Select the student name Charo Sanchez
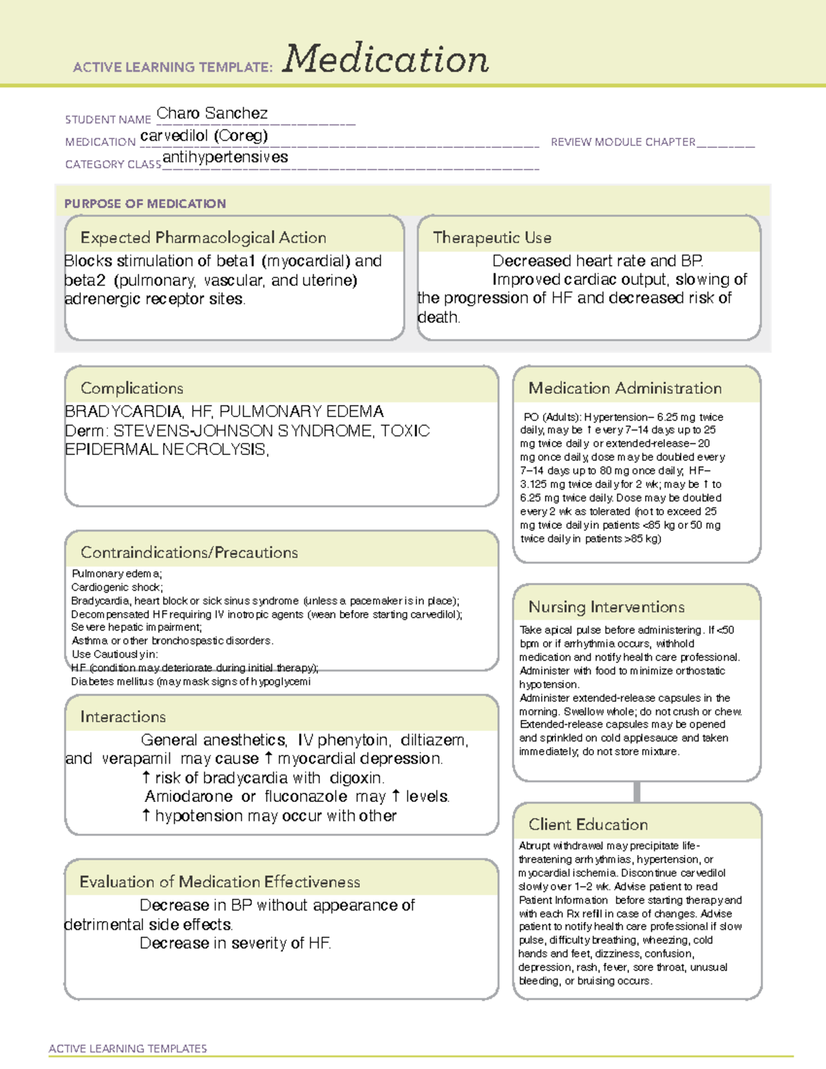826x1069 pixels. (x=212, y=113)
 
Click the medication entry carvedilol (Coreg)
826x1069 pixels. (x=204, y=136)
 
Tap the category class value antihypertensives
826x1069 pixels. (x=225, y=157)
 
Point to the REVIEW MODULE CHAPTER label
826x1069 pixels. (x=622, y=142)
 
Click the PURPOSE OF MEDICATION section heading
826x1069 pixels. (x=145, y=204)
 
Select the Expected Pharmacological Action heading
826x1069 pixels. (x=203, y=237)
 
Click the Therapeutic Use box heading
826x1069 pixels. (x=491, y=237)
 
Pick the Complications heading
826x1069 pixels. (x=131, y=388)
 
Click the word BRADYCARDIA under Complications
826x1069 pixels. (x=123, y=412)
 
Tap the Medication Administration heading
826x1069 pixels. (x=624, y=388)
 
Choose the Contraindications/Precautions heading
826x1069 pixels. (x=189, y=553)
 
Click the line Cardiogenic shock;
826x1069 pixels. (x=117, y=587)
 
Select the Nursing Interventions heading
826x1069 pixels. (x=606, y=607)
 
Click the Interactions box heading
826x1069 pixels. (x=123, y=717)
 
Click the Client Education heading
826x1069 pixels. (x=588, y=825)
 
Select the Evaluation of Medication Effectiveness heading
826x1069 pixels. (x=220, y=882)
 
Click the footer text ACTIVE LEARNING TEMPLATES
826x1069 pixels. (x=127, y=1048)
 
